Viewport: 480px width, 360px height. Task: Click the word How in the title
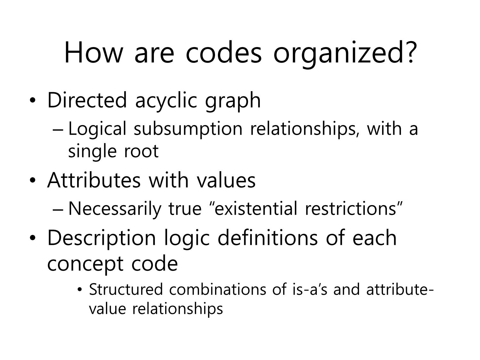(93, 52)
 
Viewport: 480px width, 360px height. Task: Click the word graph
(233, 102)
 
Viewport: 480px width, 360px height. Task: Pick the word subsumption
(188, 129)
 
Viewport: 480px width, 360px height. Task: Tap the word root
(141, 151)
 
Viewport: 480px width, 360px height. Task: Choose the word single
(92, 152)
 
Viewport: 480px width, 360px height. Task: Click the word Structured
(126, 289)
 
